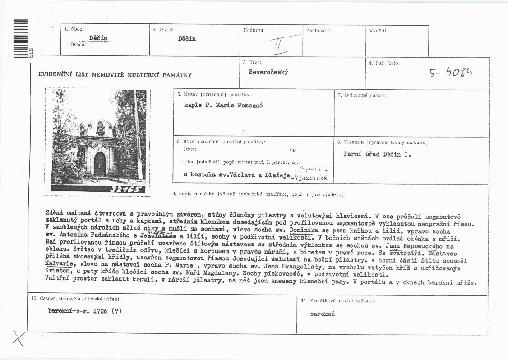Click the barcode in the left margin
[21, 38]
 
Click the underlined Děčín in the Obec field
[98, 38]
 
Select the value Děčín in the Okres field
[187, 39]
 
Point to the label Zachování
[318, 31]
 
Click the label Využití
[378, 31]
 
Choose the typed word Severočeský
[269, 72]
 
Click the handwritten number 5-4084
[453, 72]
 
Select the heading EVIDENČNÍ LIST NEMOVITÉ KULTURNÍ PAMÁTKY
[115, 75]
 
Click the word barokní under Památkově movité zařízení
[322, 314]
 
